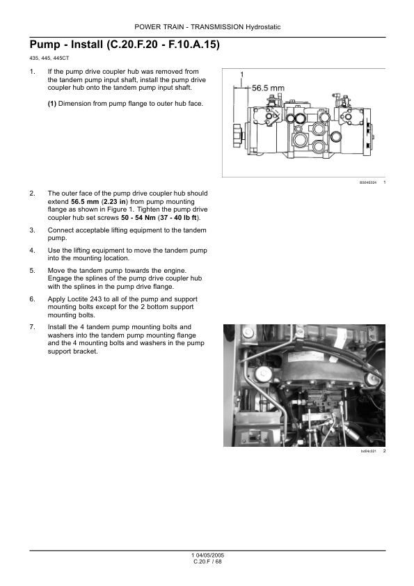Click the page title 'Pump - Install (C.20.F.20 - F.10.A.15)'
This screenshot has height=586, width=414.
tap(125, 45)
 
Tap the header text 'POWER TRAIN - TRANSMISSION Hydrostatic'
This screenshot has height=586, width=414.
tap(207, 27)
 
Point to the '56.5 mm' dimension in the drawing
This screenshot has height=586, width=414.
tap(268, 88)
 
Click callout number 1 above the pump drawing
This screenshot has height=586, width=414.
tap(241, 74)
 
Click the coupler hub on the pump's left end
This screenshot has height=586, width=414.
tap(237, 135)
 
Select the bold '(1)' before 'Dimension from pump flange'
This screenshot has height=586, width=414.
tap(52, 104)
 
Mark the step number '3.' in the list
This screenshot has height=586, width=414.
tap(33, 230)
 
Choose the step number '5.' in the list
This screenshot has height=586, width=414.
tap(33, 270)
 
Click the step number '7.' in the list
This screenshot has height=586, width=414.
tap(33, 327)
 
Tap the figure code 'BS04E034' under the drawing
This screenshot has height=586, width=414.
tap(367, 182)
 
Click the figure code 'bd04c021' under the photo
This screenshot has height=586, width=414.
tap(368, 451)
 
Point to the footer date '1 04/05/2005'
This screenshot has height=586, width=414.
tap(207, 555)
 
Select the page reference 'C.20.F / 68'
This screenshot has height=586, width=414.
tap(207, 562)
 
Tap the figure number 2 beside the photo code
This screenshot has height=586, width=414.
tap(384, 451)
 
